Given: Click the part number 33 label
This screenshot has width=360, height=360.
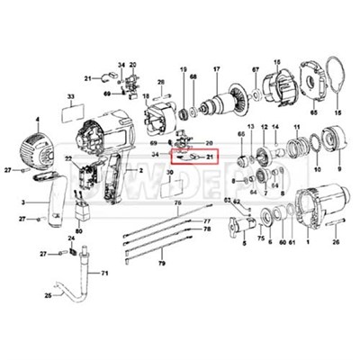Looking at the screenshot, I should pos(70,96).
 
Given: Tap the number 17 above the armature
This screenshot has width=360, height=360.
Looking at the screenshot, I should pos(216,70).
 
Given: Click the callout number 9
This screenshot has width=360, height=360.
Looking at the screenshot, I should pos(340,168).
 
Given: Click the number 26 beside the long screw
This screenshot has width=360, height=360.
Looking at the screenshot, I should pos(337,241).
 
